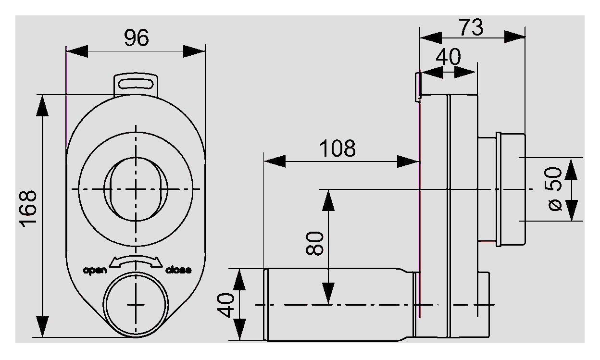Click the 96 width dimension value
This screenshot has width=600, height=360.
(136, 38)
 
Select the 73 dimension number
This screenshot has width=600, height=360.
(471, 28)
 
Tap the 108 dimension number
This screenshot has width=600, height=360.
(338, 149)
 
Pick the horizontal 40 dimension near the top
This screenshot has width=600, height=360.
(448, 58)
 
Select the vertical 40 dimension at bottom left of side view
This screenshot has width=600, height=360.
(226, 304)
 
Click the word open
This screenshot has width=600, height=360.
(95, 270)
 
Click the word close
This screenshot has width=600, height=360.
(178, 270)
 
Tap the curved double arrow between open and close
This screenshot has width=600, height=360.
(136, 261)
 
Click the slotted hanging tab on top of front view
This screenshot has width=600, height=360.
(136, 83)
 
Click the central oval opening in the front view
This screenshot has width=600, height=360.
(136, 188)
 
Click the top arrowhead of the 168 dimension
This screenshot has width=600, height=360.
(43, 105)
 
